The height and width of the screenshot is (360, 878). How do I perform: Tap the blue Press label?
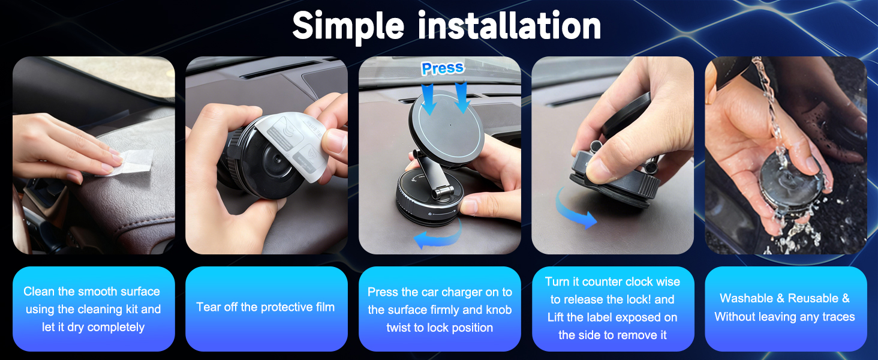[x=443, y=68]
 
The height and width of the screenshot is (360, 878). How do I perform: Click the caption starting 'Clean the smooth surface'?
[x=92, y=309]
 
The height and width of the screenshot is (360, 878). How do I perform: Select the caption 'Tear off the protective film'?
[x=266, y=307]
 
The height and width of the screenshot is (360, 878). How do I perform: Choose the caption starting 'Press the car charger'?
[x=440, y=310]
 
